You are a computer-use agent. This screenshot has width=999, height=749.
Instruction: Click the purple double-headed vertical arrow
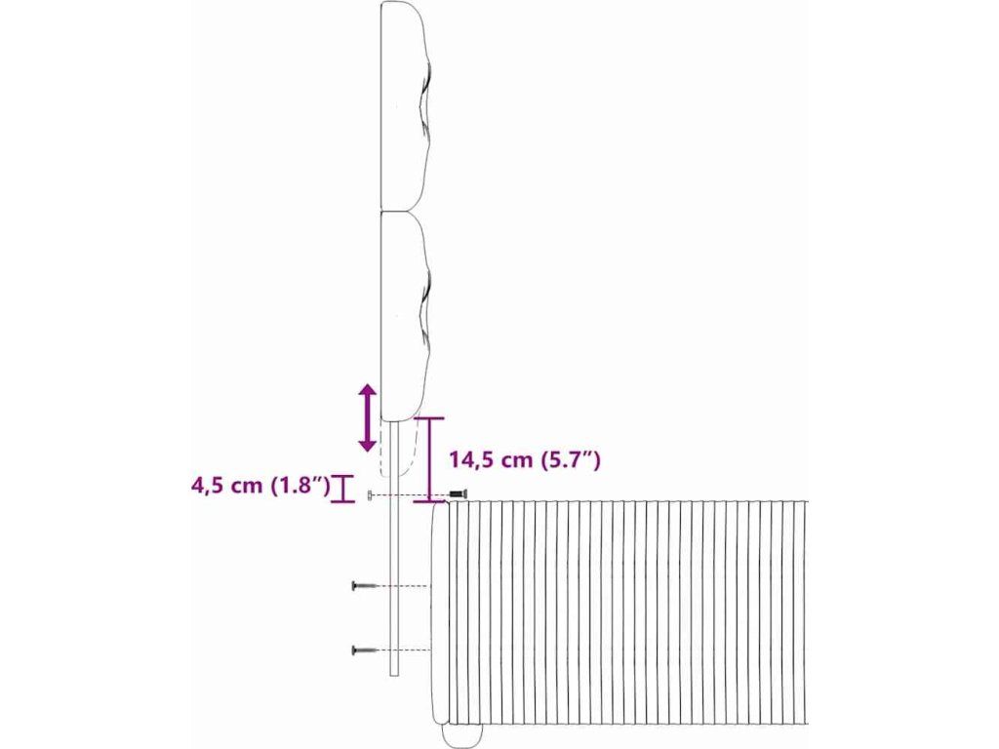pyautogui.click(x=367, y=417)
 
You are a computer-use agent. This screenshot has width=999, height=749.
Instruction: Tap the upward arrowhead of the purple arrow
pyautogui.click(x=367, y=391)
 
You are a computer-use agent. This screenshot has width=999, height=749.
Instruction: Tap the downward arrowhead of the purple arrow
pyautogui.click(x=367, y=445)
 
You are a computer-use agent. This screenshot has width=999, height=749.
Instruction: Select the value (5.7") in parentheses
pyautogui.click(x=570, y=460)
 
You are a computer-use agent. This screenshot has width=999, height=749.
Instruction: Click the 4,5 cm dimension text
pyautogui.click(x=226, y=486)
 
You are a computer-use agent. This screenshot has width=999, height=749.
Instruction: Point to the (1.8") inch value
pyautogui.click(x=300, y=486)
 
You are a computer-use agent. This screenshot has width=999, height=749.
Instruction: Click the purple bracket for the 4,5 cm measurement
pyautogui.click(x=342, y=489)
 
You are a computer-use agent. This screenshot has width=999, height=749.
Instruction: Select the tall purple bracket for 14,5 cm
pyautogui.click(x=429, y=460)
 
